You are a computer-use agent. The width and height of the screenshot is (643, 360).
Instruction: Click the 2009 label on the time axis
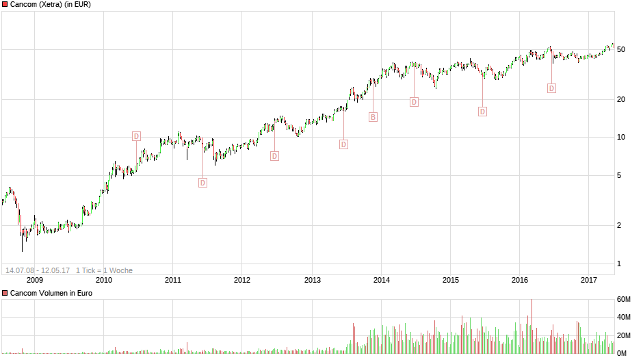pyautogui.click(x=34, y=280)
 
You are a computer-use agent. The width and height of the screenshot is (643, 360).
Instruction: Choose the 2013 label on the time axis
pyautogui.click(x=312, y=280)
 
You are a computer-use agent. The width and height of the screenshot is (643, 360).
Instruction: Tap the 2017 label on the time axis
pyautogui.click(x=589, y=280)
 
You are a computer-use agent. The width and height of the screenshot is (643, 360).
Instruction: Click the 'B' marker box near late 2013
pyautogui.click(x=373, y=117)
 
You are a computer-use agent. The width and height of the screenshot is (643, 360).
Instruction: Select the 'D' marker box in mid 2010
pyautogui.click(x=136, y=136)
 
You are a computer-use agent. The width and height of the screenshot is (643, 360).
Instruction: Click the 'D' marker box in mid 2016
pyautogui.click(x=551, y=88)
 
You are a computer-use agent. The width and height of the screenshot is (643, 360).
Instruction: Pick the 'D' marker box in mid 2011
pyautogui.click(x=202, y=183)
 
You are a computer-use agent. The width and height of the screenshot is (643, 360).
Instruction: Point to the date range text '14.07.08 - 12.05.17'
pyautogui.click(x=38, y=270)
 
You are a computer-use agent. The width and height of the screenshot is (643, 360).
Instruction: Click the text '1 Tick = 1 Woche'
pyautogui.click(x=104, y=270)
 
